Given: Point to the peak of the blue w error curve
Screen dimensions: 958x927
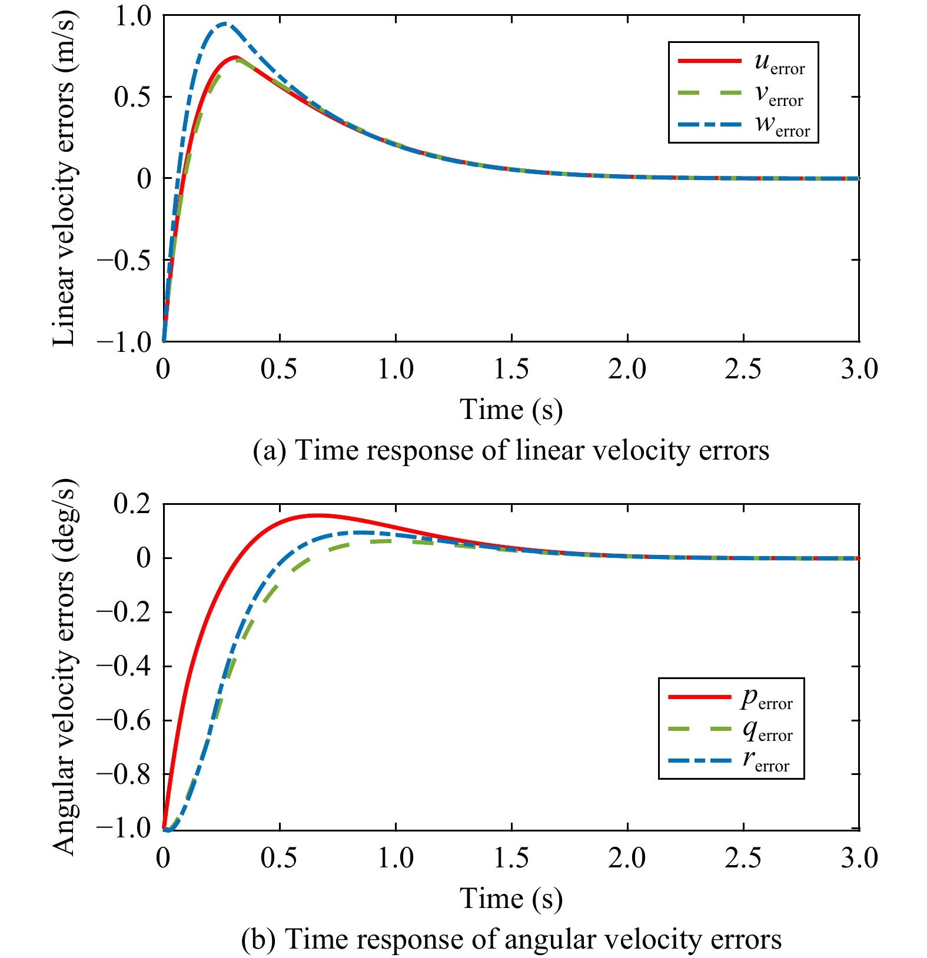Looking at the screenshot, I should click(x=225, y=24).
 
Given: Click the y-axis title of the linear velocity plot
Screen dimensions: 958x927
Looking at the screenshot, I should click(x=65, y=178).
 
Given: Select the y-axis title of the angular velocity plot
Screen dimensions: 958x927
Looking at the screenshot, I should click(x=65, y=666).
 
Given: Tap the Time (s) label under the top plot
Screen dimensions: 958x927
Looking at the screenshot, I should click(x=511, y=410).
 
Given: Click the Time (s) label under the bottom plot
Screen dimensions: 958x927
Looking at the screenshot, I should click(x=511, y=899).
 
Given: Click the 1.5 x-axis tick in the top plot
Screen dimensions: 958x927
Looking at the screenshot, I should click(x=511, y=369).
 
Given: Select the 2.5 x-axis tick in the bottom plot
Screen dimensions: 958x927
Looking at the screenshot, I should click(x=743, y=858).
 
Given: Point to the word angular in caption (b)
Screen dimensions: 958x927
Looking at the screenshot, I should click(x=546, y=939).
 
